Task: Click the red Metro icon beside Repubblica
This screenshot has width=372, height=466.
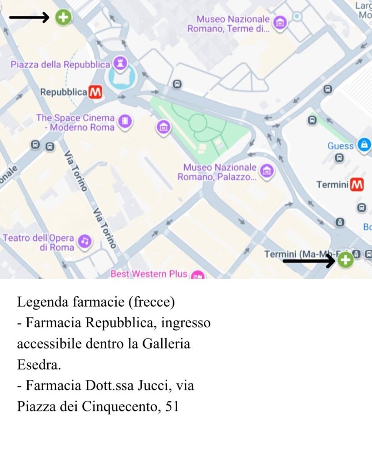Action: [x=95, y=92]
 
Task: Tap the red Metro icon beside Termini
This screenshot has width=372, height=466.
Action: [x=357, y=185]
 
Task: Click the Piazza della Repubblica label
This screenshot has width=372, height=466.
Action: [x=60, y=65]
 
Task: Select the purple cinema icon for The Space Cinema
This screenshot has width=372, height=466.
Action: [x=124, y=121]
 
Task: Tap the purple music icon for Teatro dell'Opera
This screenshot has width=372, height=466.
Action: [x=84, y=241]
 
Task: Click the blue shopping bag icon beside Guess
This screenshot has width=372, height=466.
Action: [x=363, y=145]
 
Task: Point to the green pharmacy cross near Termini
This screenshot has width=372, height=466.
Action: [x=345, y=260]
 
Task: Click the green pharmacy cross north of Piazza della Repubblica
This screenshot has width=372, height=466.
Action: [x=63, y=17]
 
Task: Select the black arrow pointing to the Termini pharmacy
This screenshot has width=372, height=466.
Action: [x=309, y=261]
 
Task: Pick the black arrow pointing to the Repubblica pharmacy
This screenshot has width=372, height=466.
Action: [x=29, y=18]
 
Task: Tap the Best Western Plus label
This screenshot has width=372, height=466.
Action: [x=149, y=274]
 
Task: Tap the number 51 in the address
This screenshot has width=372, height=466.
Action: [x=172, y=407]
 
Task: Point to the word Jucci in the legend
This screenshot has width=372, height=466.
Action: [x=155, y=386]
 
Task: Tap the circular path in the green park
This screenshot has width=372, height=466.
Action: [x=198, y=122]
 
